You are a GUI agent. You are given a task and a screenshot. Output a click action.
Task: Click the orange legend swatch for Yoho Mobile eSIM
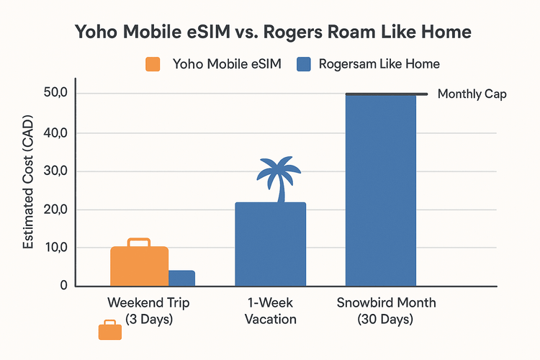click(x=153, y=63)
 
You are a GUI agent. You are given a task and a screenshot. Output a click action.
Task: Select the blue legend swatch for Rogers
click(x=303, y=63)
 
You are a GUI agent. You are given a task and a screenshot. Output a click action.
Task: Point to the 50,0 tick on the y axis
click(x=55, y=94)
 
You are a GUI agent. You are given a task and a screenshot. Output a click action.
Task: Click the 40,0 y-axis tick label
click(x=55, y=133)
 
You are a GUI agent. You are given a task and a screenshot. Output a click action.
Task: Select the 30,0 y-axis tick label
click(x=55, y=171)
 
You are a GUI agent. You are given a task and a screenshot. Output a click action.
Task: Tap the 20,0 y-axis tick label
click(x=55, y=210)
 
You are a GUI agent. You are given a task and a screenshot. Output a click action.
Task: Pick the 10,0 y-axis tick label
click(x=55, y=248)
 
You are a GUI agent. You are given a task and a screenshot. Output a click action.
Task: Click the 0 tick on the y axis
click(x=64, y=286)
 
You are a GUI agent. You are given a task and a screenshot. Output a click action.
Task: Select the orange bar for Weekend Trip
click(x=139, y=266)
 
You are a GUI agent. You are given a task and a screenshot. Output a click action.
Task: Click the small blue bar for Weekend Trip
click(x=181, y=278)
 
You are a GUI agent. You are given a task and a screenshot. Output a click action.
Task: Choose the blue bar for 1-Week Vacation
click(x=271, y=245)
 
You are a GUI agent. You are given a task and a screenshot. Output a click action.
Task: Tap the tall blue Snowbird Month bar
click(x=381, y=191)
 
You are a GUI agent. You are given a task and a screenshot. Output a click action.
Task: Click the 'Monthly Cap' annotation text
click(x=472, y=94)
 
